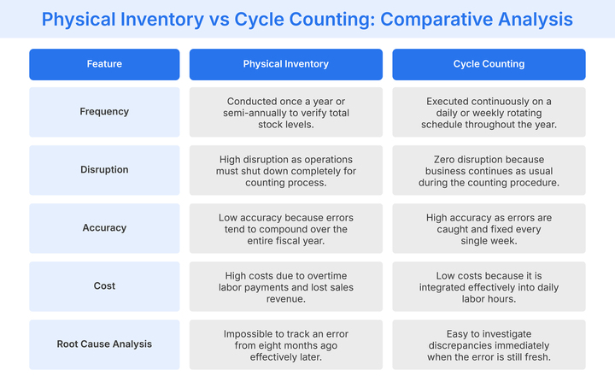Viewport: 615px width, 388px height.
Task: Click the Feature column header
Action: pyautogui.click(x=104, y=64)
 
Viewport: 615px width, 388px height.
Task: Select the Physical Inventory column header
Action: pyautogui.click(x=285, y=64)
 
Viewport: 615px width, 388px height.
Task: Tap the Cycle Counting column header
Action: pyautogui.click(x=489, y=64)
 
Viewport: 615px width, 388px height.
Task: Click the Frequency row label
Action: pyautogui.click(x=104, y=112)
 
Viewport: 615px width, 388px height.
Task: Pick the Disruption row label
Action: pyautogui.click(x=104, y=170)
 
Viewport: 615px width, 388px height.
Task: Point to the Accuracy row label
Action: pyautogui.click(x=104, y=228)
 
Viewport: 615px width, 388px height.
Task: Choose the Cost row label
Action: pyautogui.click(x=104, y=286)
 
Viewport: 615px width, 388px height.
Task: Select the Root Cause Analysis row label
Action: pyautogui.click(x=104, y=344)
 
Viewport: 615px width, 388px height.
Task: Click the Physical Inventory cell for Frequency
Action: pyautogui.click(x=285, y=112)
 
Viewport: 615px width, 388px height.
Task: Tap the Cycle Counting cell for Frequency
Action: pyautogui.click(x=489, y=112)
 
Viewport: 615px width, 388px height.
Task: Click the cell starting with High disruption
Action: pyautogui.click(x=285, y=170)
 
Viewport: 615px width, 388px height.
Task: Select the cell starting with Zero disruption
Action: pyautogui.click(x=489, y=170)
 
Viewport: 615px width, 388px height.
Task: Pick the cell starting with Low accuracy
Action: pyautogui.click(x=285, y=228)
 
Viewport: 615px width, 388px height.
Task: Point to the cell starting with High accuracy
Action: pyautogui.click(x=489, y=228)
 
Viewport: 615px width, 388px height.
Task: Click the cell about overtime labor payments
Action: pyautogui.click(x=285, y=286)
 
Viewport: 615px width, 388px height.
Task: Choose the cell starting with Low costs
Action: pyautogui.click(x=489, y=286)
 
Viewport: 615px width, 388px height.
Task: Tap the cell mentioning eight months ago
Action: pyautogui.click(x=285, y=344)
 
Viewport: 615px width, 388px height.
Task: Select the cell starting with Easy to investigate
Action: pyautogui.click(x=489, y=344)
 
